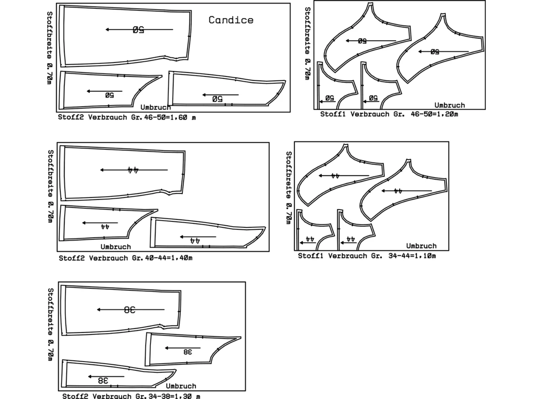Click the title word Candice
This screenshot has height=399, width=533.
coord(231,20)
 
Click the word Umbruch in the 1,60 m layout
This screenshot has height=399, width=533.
coord(156,107)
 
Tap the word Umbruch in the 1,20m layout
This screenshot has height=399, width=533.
coord(449,105)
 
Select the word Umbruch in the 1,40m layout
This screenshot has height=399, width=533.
coord(116,247)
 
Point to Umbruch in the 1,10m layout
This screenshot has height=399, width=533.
coord(421,246)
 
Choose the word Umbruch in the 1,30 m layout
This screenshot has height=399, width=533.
coord(181,386)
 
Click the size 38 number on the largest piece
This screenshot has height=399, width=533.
coord(130,310)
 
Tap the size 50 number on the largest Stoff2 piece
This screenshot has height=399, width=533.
coord(138,30)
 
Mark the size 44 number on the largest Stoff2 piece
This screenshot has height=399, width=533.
coord(133,170)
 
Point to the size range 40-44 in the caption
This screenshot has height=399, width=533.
coord(155,258)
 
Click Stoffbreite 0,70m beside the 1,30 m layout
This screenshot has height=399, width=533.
coord(50,325)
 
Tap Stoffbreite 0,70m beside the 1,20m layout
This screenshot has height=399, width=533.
coord(307,44)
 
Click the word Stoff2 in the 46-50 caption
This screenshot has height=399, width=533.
coord(71,117)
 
